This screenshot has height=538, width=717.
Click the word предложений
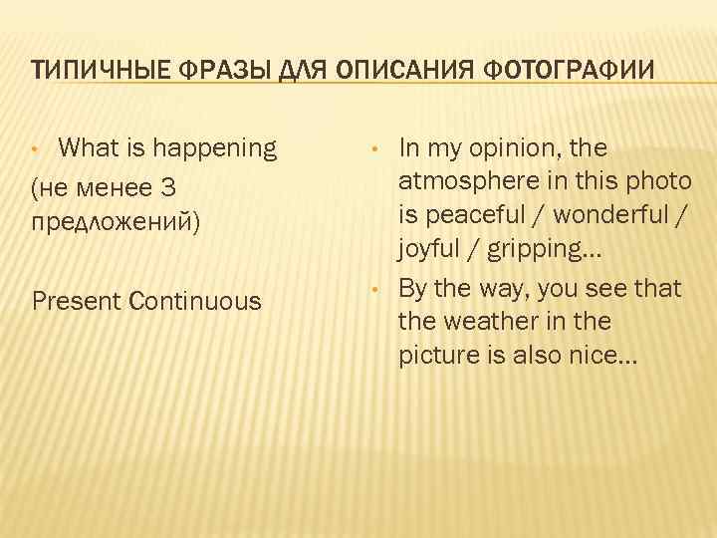tap(117, 220)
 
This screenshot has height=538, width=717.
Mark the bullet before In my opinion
tap(372, 151)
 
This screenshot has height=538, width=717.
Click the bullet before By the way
tap(372, 291)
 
